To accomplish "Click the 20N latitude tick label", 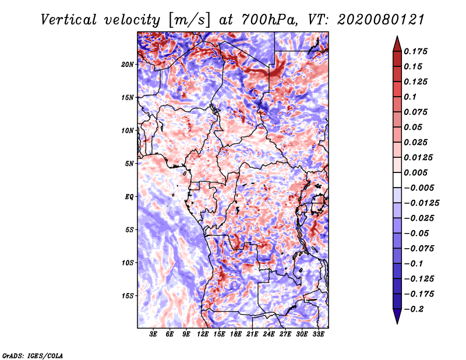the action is click(x=128, y=65).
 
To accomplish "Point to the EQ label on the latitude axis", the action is click(x=129, y=197).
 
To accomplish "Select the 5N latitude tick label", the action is click(x=129, y=164).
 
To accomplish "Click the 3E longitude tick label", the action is click(x=153, y=334).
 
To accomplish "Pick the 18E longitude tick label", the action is click(x=236, y=334).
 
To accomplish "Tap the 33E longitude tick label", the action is click(x=318, y=334).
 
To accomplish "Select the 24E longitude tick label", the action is click(x=269, y=334).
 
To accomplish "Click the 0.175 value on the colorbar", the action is click(x=415, y=51).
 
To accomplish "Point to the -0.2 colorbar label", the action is click(x=414, y=309).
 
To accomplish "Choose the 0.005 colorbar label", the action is click(x=415, y=172).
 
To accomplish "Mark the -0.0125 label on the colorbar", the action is click(x=421, y=203).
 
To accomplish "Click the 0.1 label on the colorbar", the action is click(x=410, y=97).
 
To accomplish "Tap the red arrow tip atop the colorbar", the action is click(x=397, y=37).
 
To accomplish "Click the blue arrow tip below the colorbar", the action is click(x=397, y=323).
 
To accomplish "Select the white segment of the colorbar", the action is click(x=397, y=180).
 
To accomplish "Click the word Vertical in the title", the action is click(x=69, y=20).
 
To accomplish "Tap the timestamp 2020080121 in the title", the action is click(x=381, y=20).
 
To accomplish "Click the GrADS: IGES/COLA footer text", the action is click(x=33, y=355).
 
